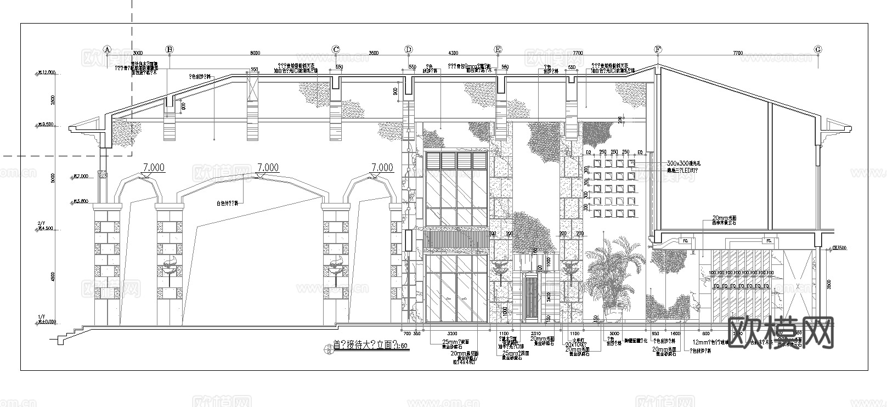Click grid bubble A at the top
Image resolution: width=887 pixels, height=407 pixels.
click(108, 49)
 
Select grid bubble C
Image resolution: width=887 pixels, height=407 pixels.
click(336, 49)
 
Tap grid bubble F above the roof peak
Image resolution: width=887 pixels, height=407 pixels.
click(658, 49)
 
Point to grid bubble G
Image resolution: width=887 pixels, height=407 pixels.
click(818, 49)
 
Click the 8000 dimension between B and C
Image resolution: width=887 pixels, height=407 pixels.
click(255, 53)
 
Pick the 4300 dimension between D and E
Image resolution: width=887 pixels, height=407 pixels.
click(453, 53)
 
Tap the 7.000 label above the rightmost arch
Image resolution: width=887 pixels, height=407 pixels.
click(382, 167)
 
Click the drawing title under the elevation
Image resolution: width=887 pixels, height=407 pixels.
click(370, 346)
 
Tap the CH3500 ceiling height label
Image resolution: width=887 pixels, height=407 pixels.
click(839, 248)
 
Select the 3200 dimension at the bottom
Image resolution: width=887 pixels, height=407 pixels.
click(452, 333)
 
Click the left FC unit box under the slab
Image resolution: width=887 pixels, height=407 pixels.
click(685, 240)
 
